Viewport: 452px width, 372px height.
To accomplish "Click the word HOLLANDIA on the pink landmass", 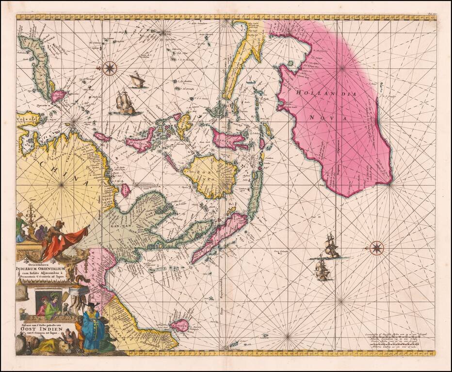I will [324, 93].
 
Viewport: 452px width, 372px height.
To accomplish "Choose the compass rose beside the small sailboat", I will [110, 68].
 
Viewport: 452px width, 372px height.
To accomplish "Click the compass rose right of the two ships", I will [376, 248].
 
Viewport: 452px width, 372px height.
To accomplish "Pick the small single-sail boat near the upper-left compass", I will [137, 80].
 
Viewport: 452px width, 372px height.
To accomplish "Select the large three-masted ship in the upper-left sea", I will [125, 103].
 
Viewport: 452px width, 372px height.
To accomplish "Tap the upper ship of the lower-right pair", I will [332, 246].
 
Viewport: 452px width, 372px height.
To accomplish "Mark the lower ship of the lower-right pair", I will [323, 269].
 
